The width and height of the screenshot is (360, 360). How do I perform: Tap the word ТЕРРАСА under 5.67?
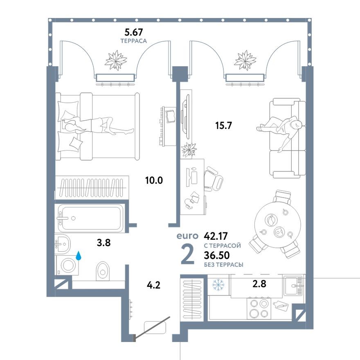(133, 41)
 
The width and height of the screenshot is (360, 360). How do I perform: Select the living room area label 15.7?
(223, 126)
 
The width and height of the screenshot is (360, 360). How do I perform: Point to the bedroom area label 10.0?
(154, 180)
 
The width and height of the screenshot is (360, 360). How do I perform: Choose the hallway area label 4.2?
(154, 284)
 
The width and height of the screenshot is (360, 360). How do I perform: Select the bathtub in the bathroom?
(90, 218)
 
